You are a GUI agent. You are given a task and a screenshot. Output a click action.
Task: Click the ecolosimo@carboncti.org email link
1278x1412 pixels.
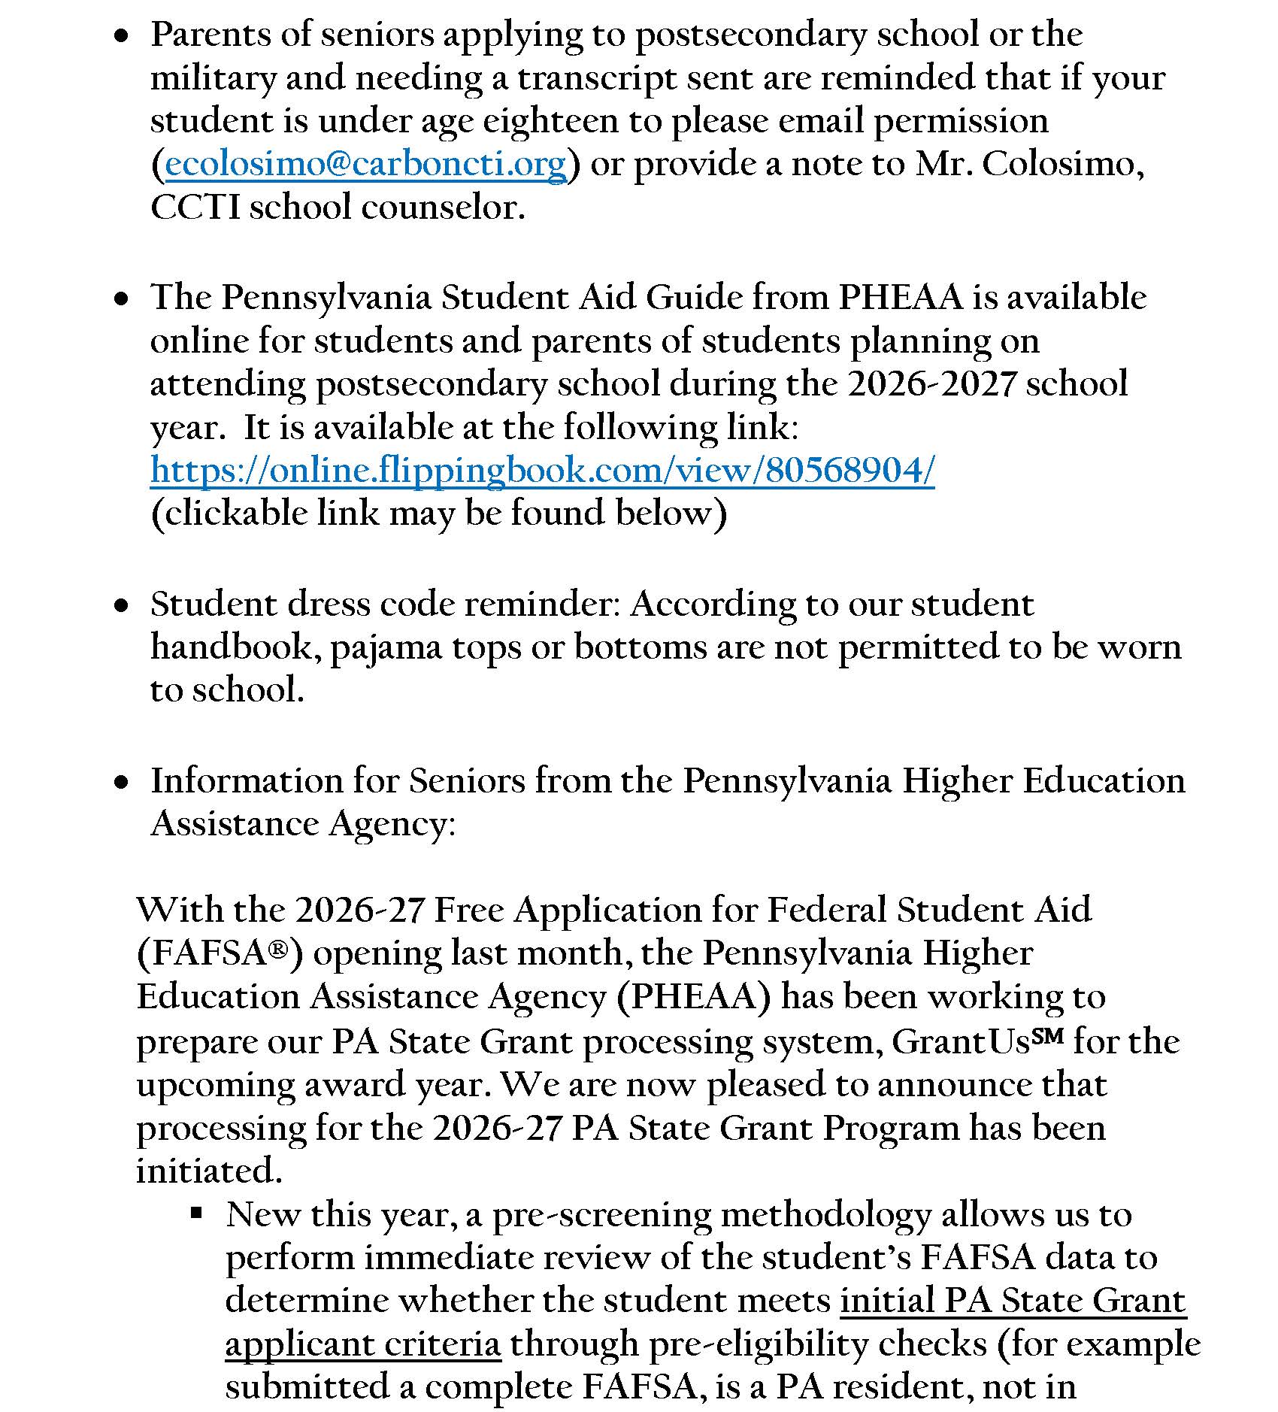pos(365,165)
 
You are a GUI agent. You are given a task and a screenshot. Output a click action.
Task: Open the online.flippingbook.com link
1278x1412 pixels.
pos(542,471)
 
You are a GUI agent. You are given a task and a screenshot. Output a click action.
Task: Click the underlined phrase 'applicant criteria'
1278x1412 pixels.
pos(362,1344)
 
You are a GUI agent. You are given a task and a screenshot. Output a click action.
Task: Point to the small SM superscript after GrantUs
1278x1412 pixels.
pos(1047,1035)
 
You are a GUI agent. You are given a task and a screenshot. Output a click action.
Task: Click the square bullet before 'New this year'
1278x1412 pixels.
pos(197,1212)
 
